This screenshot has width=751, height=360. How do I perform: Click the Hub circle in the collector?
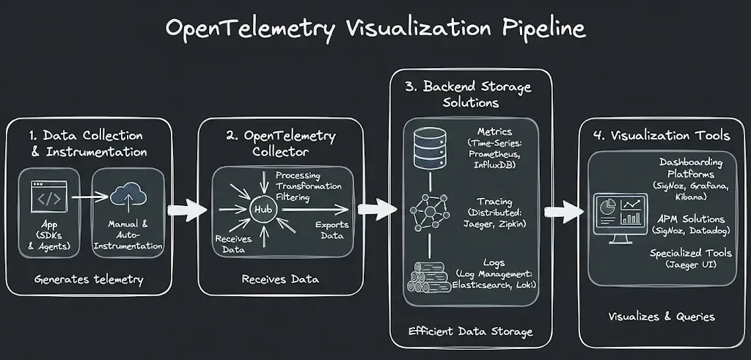263,210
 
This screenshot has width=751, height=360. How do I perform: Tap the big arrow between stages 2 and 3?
377,210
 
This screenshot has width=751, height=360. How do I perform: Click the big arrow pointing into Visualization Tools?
565,213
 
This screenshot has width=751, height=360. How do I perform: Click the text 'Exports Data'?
331,229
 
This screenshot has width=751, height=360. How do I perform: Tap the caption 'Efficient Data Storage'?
471,332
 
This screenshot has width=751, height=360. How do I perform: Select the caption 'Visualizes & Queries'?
662,316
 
